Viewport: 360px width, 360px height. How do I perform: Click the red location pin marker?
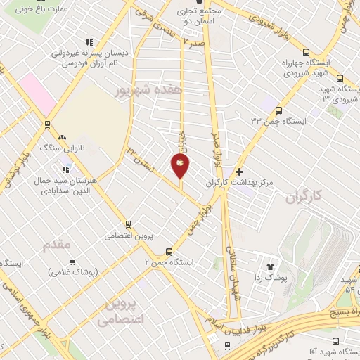coord(181,166)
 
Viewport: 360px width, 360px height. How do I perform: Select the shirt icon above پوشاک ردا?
coord(270,266)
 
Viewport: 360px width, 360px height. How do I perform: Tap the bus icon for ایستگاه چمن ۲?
coord(169,252)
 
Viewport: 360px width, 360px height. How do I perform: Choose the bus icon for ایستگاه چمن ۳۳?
coord(279,110)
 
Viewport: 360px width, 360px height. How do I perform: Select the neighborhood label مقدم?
coord(58,245)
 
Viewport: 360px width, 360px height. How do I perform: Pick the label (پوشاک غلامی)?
coord(73,271)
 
